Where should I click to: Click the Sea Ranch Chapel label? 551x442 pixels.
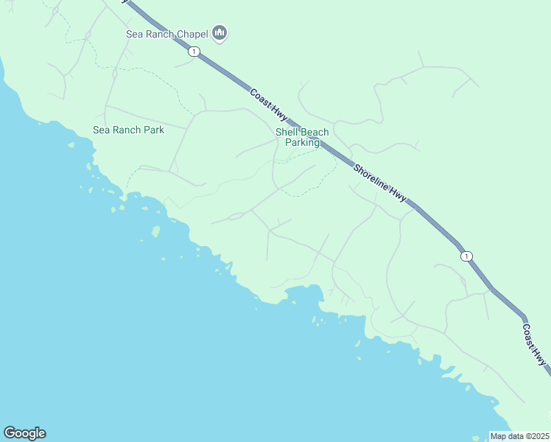tap(166, 33)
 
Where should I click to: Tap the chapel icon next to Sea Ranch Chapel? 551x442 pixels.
tap(219, 33)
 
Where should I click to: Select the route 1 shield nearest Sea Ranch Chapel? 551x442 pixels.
tap(194, 51)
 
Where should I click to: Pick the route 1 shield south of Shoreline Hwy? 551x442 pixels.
tap(466, 256)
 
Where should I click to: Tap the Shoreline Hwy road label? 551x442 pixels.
tap(380, 182)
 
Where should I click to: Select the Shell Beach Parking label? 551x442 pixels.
tap(302, 137)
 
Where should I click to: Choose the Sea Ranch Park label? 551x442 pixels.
tap(128, 130)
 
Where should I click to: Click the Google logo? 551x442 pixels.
tap(24, 433)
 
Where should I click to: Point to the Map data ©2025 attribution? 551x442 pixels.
tap(520, 436)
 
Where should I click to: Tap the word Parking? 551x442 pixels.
tap(302, 142)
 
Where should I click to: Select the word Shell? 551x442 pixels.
tap(286, 132)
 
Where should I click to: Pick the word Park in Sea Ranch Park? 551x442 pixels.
tap(153, 130)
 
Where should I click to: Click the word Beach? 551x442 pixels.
tap(315, 132)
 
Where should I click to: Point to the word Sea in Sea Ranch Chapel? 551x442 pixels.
tap(134, 33)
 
